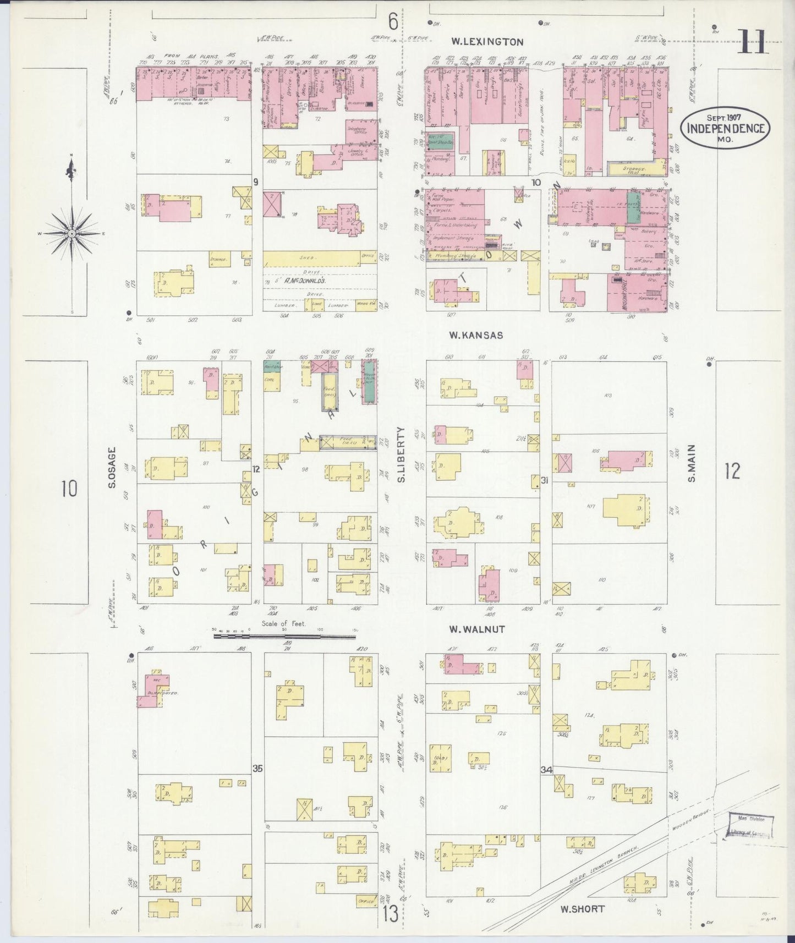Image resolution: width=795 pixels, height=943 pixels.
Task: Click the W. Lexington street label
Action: [487, 41]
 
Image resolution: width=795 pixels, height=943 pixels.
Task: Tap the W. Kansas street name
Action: [475, 335]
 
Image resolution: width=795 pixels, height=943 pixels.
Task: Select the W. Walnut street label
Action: [476, 629]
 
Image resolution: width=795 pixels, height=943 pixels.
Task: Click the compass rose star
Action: [72, 233]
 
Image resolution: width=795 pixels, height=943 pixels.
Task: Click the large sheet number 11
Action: [753, 42]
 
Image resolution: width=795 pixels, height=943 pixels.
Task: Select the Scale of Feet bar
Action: [284, 637]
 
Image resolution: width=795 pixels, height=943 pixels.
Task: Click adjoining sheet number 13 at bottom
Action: [391, 915]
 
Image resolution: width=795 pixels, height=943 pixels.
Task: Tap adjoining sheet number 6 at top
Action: [393, 22]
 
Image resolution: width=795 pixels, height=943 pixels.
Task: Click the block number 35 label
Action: [257, 768]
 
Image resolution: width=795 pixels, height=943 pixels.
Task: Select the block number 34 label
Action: [546, 770]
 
